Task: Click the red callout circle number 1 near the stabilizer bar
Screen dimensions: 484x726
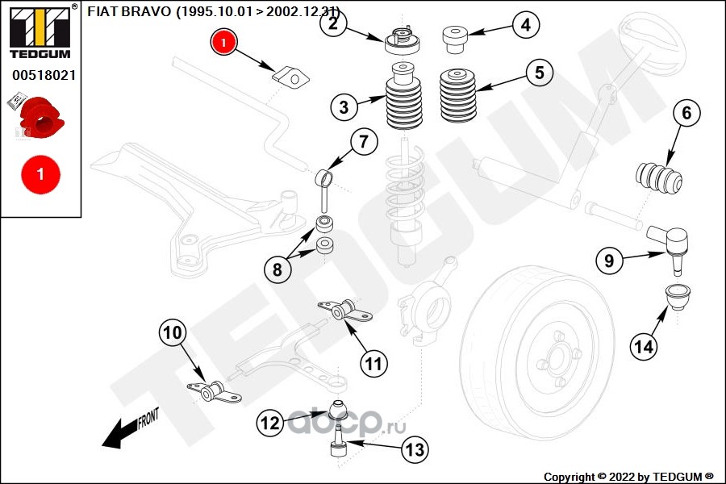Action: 224,42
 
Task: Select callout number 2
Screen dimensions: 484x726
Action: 332,23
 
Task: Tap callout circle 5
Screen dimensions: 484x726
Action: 539,73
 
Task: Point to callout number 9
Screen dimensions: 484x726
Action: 609,261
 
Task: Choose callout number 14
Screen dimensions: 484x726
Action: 644,347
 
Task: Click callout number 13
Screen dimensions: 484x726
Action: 414,450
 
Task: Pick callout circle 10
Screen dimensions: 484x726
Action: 173,332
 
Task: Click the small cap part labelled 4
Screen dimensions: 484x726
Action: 455,37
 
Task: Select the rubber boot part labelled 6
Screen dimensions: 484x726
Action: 660,178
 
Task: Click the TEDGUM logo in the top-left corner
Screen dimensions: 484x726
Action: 40,31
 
